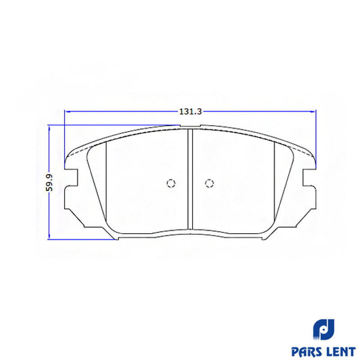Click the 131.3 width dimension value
click(x=190, y=111)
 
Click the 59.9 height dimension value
click(x=49, y=183)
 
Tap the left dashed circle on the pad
click(x=171, y=183)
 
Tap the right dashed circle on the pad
click(x=209, y=183)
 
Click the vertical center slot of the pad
click(x=190, y=179)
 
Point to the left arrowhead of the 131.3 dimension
click(x=67, y=112)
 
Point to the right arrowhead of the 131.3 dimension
click(x=313, y=112)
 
